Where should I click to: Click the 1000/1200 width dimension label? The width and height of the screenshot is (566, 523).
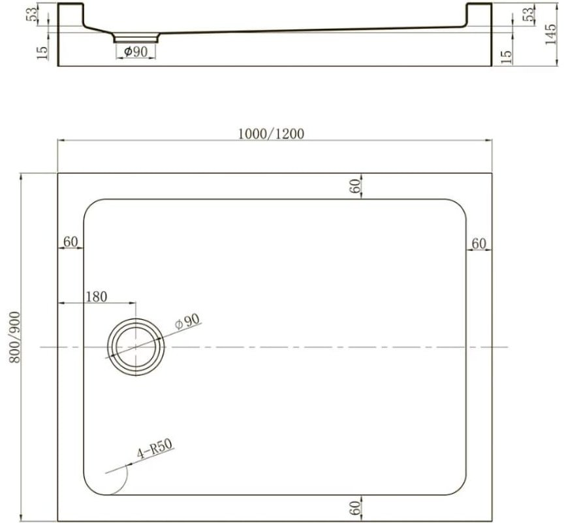[271, 134]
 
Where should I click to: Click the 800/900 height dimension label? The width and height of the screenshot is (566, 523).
[15, 337]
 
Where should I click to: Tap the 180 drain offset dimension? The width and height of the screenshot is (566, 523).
[97, 297]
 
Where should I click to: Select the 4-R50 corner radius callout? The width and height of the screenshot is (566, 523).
[155, 449]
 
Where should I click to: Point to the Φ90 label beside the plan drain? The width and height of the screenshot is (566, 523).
[187, 321]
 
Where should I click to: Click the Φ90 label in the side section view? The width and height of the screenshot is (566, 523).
[136, 52]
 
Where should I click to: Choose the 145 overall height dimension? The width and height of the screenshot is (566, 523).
[551, 35]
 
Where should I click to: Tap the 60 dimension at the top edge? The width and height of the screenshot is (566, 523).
[355, 186]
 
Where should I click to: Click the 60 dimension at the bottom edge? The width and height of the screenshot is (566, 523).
[355, 508]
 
